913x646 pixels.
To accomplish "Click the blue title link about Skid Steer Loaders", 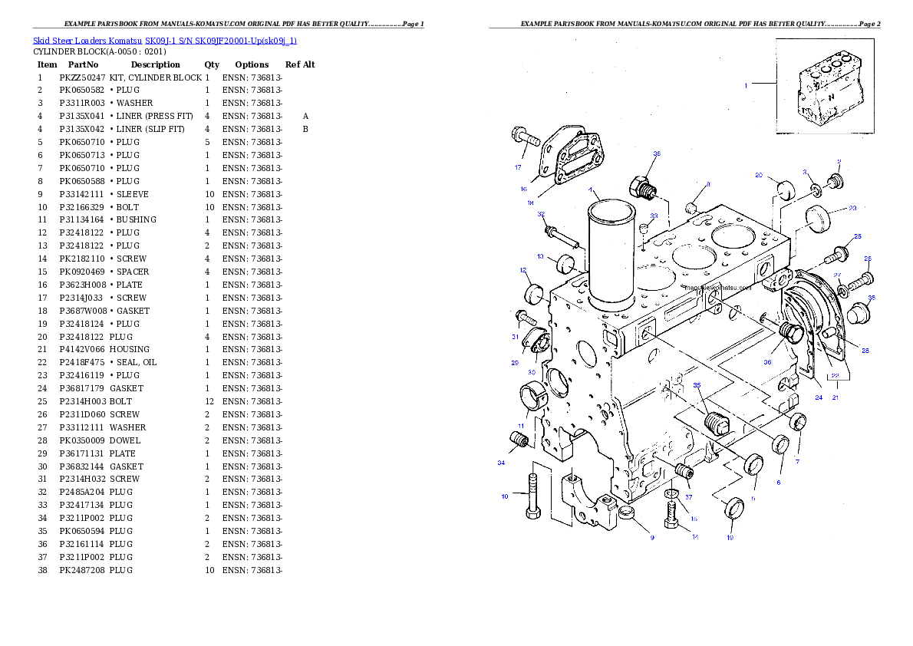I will pos(164,40).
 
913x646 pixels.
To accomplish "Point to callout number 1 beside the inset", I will pos(745,86).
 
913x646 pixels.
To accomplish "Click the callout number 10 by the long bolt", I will pos(505,496).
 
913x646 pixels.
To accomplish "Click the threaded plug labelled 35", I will pos(716,423).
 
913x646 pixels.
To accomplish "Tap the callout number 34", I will pos(501,463).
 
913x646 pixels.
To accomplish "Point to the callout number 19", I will pos(730,538).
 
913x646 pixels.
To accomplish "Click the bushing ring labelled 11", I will pos(532,397).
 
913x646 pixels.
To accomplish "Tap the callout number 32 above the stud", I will pos(541,214).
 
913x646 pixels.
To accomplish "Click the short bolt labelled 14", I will pos(672,511).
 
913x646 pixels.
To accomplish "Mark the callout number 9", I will pos(652,538).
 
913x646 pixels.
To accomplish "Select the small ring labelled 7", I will pos(798,421).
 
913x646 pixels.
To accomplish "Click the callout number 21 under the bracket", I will pos(835,397).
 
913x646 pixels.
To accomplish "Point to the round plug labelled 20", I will pos(784,188).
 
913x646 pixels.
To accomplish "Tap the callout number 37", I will pos(688,496).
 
